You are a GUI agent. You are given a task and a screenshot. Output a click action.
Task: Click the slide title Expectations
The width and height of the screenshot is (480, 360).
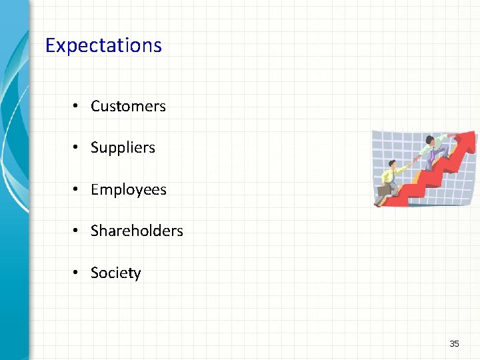pos(103,46)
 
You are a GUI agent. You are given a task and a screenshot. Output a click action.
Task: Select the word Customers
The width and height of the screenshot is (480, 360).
pos(128,106)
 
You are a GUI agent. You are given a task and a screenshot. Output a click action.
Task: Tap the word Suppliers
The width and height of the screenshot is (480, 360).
pos(123,147)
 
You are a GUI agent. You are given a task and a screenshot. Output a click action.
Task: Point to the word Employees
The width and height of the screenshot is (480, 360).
pos(129,189)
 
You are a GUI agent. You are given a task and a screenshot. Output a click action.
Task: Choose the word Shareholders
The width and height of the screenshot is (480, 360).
pos(137,231)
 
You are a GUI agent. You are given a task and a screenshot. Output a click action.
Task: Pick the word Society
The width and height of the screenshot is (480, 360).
pos(116,273)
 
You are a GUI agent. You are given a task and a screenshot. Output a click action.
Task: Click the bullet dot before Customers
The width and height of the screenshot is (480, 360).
pos(77,106)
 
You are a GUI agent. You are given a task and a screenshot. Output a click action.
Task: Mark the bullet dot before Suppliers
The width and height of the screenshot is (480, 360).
pos(77,147)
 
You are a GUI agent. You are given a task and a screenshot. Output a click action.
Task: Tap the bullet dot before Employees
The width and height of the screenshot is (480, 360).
pos(77,189)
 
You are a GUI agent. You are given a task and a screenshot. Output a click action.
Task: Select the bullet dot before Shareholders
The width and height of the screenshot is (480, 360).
pos(77,231)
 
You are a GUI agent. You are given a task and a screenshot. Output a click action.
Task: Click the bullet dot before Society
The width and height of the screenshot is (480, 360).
pos(77,273)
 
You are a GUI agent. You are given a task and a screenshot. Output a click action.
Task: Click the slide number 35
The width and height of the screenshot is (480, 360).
pos(454,343)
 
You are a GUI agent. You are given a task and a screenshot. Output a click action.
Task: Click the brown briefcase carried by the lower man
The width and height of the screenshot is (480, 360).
pos(384,191)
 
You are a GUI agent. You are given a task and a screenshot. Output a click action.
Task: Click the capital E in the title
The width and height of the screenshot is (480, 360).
pos(49,45)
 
